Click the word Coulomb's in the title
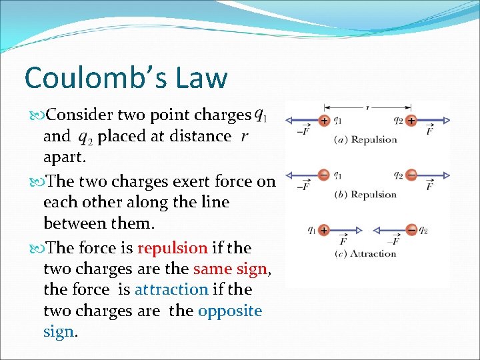pyautogui.click(x=89, y=77)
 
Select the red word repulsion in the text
pyautogui.click(x=172, y=248)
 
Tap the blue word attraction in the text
pyautogui.click(x=171, y=289)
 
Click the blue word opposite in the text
pyautogui.click(x=230, y=311)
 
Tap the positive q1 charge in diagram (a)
pyautogui.click(x=323, y=121)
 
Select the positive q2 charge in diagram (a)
pyautogui.click(x=411, y=121)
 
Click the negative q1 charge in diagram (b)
pyautogui.click(x=323, y=175)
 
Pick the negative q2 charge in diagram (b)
pyautogui.click(x=411, y=175)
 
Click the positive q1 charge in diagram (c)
pyautogui.click(x=323, y=230)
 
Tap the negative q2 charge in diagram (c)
pyautogui.click(x=411, y=230)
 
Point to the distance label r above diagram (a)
pyautogui.click(x=367, y=107)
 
